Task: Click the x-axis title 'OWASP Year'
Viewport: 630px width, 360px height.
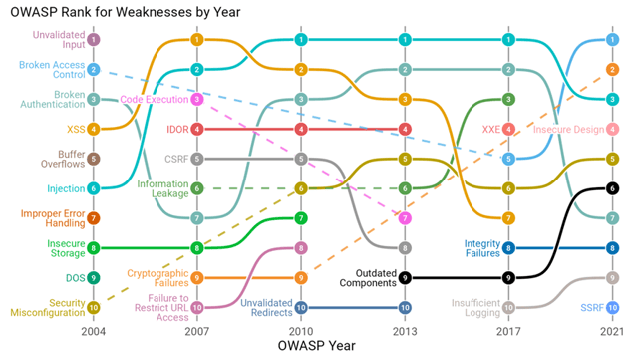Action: pyautogui.click(x=300, y=346)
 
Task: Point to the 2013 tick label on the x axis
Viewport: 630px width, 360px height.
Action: pyautogui.click(x=404, y=329)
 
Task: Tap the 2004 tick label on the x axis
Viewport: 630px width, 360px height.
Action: pyautogui.click(x=93, y=329)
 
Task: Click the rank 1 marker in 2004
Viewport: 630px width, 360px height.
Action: pyautogui.click(x=93, y=40)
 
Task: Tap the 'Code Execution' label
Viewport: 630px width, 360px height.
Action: pyautogui.click(x=154, y=99)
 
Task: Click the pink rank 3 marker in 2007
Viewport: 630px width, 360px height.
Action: pyautogui.click(x=197, y=99)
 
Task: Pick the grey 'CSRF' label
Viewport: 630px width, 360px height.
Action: pyautogui.click(x=174, y=159)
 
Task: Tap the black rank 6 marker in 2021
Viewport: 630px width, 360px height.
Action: pyautogui.click(x=612, y=187)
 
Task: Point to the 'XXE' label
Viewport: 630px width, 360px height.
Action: pyautogui.click(x=490, y=129)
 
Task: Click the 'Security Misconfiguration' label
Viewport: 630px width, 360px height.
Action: pyautogui.click(x=45, y=307)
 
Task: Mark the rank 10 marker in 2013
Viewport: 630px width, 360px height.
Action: pyautogui.click(x=404, y=307)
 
